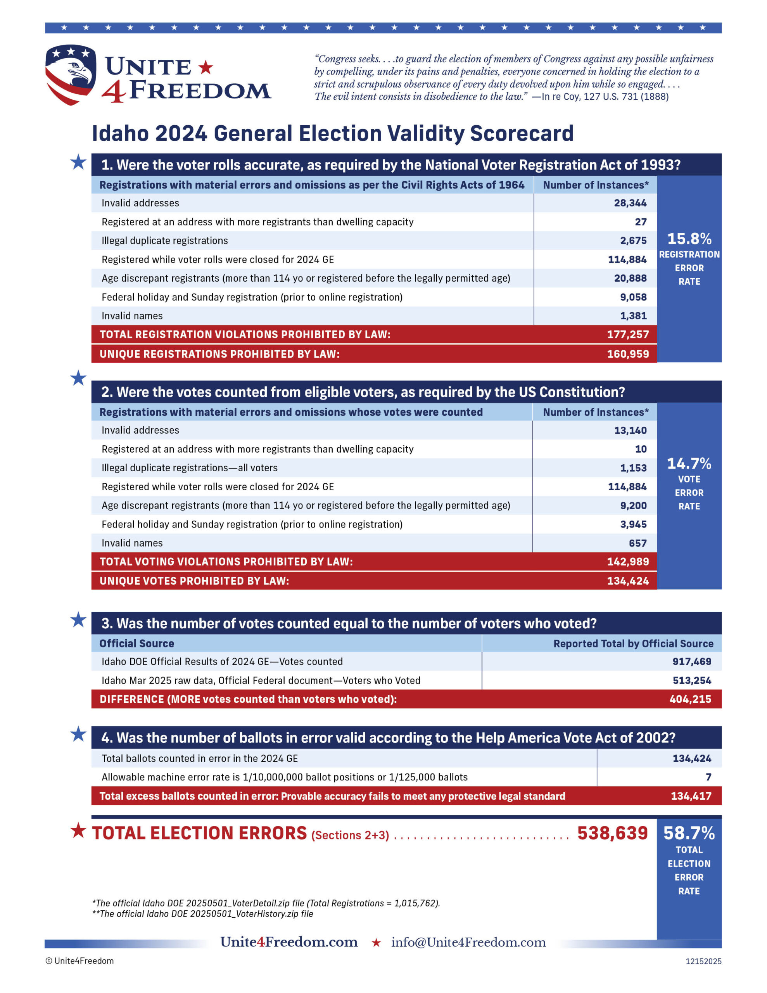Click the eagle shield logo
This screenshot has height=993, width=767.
71,74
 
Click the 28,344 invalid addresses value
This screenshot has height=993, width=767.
630,203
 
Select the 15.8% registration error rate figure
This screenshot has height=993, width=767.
689,239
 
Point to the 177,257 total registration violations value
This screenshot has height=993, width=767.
627,334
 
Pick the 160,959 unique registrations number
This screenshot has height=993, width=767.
627,354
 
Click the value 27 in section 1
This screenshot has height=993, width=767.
641,222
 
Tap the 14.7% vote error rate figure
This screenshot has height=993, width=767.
689,463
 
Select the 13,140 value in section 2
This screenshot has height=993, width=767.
630,430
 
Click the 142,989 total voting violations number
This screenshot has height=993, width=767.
627,562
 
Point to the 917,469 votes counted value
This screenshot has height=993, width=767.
691,661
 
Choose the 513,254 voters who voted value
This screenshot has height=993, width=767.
691,680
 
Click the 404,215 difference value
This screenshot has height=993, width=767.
690,699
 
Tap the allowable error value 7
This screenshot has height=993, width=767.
708,777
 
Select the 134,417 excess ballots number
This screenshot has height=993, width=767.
691,796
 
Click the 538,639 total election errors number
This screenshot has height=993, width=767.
612,833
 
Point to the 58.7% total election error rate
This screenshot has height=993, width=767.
689,833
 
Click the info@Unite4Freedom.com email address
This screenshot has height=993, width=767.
468,942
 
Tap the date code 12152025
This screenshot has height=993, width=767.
703,961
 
